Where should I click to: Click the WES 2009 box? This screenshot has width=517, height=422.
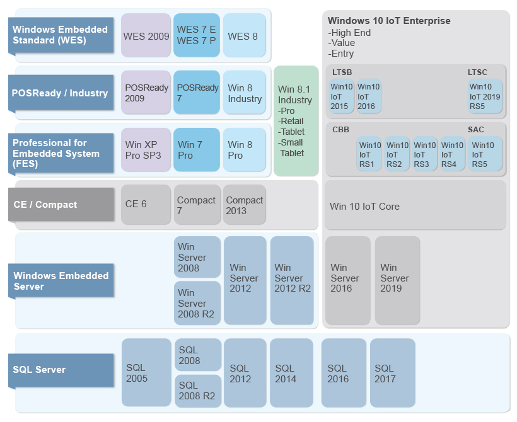tap(146, 36)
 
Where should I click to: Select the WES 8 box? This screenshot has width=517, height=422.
tap(244, 36)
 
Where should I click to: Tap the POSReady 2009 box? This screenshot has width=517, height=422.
tap(146, 93)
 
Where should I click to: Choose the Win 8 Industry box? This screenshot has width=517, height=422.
tap(244, 93)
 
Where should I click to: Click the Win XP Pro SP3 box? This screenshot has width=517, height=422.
tap(146, 150)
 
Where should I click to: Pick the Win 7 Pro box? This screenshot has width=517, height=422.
tap(197, 150)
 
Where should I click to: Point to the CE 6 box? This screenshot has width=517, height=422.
tap(146, 204)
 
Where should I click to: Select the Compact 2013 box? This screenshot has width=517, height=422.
tap(245, 205)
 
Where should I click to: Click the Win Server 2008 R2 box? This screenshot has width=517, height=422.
tap(197, 303)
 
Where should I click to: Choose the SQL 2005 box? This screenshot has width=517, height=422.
tap(146, 372)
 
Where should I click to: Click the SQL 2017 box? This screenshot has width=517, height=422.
tap(392, 372)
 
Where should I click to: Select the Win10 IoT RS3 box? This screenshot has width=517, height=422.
tap(424, 154)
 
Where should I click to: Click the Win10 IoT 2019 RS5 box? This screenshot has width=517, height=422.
tap(485, 96)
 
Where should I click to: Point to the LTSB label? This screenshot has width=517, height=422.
tap(342, 72)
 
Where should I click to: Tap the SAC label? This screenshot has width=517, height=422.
tap(475, 129)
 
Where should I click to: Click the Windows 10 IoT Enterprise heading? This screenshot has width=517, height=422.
tap(389, 21)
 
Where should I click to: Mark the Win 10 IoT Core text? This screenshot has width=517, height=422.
tap(364, 206)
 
